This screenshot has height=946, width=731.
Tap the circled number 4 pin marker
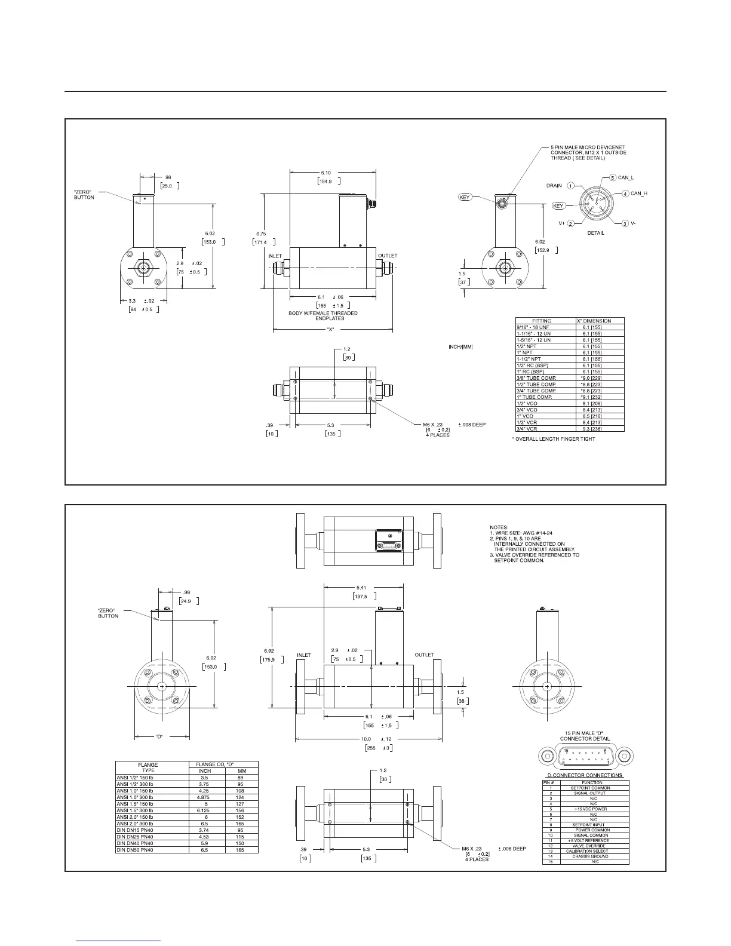[625, 193]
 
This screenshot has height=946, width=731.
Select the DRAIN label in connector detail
[554, 186]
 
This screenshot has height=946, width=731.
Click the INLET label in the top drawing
[275, 256]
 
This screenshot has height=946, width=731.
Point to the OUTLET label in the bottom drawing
[424, 655]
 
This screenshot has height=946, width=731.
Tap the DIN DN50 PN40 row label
[135, 850]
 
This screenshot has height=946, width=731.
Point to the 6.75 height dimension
[260, 234]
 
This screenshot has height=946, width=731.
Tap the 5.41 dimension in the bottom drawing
[361, 587]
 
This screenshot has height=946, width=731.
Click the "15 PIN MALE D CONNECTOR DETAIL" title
[584, 736]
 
